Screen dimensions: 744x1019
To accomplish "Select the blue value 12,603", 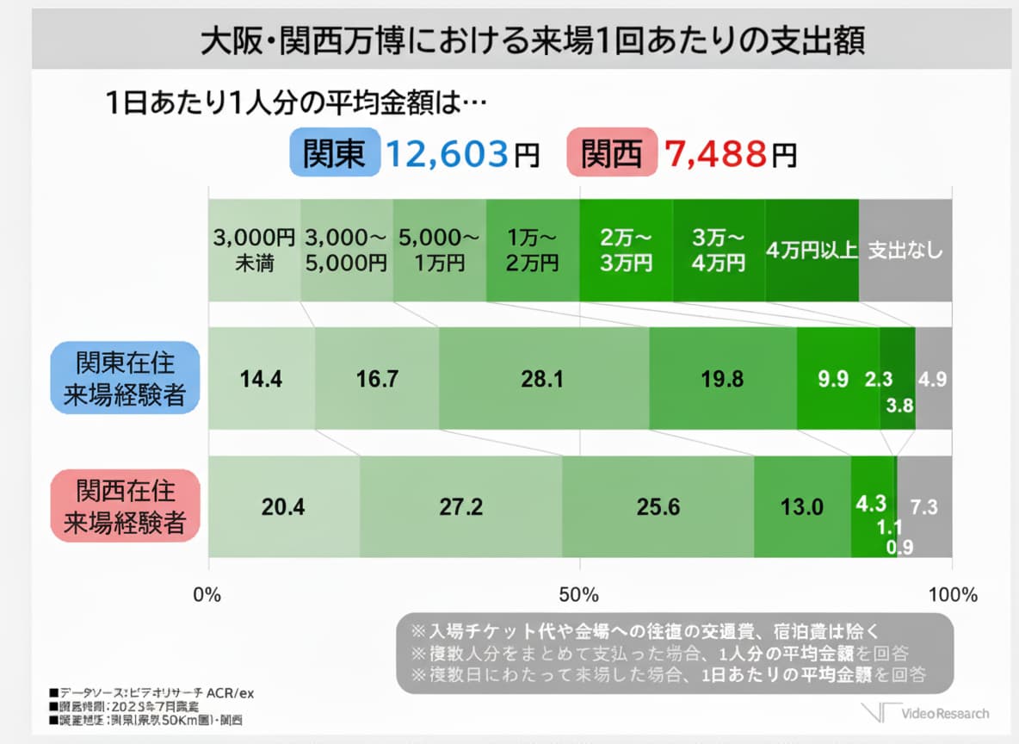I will pos(445,154).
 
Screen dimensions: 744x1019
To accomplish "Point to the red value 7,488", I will pos(714,154).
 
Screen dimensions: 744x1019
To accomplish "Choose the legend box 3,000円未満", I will pos(254,250).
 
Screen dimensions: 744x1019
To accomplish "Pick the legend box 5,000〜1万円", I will pos(440,250).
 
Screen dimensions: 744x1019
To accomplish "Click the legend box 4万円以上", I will pos(812,250).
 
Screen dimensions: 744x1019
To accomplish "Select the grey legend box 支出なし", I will pos(905,250).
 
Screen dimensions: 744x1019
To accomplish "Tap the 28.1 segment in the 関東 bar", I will pos(543,378).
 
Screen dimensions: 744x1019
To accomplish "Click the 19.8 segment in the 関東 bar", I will pos(722,378).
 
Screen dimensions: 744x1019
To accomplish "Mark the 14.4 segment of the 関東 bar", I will pos(262,378).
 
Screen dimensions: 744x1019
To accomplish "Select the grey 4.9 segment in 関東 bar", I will pos(934,378).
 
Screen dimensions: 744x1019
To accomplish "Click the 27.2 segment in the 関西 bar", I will pos(460,506).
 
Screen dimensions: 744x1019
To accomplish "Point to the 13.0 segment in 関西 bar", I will pos(802,506).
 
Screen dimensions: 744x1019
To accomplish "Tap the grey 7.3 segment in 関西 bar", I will pos(925,506).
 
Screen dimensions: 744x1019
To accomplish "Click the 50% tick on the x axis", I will pos(579,594).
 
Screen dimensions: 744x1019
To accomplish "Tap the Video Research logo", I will pos(928,713).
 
